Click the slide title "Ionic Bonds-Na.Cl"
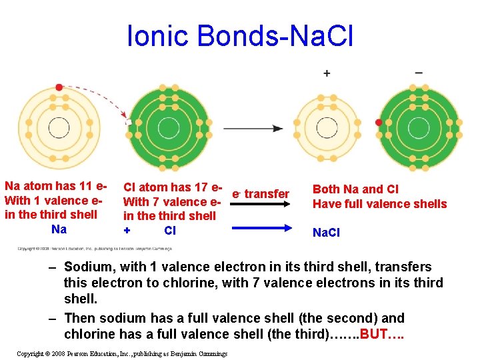240,37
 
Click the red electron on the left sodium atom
59,87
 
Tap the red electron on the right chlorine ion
379,123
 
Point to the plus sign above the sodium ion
327,73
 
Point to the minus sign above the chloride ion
419,72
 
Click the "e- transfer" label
261,194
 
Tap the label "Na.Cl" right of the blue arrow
326,233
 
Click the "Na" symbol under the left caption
59,229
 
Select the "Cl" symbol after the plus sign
170,231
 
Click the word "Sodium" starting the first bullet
86,267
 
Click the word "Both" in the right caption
327,189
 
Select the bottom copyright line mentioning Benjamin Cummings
122,353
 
